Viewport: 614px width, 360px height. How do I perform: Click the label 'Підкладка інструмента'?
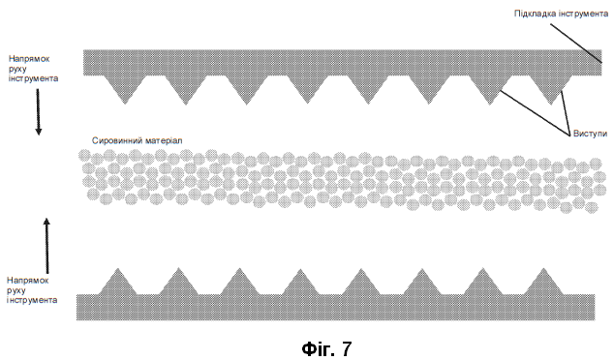pos(561,14)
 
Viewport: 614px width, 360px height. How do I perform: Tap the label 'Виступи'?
pos(590,134)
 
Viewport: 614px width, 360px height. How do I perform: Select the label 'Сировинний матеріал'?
pos(138,140)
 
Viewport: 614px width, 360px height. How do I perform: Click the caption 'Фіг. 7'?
pos(326,348)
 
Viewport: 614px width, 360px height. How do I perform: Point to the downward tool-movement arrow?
pos(39,112)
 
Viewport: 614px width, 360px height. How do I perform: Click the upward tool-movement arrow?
pos(47,246)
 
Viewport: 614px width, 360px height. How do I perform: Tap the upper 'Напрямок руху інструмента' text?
pos(33,69)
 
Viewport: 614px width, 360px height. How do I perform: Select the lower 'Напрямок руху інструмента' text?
pos(32,290)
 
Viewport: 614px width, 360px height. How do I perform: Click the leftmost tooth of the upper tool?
pos(125,88)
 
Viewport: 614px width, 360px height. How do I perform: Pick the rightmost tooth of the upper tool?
pos(550,88)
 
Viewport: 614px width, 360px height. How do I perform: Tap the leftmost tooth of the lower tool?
pos(118,284)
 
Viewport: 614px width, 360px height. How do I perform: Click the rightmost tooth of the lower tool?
pos(543,284)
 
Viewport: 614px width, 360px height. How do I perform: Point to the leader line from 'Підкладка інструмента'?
pos(576,43)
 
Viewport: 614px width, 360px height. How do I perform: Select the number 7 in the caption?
pos(346,348)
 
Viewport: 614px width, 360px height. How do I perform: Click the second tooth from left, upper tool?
pos(186,88)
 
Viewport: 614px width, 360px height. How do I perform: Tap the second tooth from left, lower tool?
pos(178,284)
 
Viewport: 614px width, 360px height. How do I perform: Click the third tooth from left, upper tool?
pos(246,88)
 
